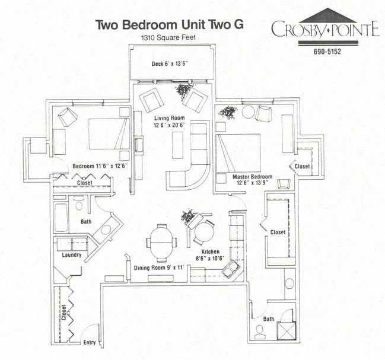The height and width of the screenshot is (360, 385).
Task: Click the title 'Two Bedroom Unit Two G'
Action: coord(170,25)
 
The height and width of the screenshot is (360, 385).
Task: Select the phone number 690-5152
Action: coord(327,51)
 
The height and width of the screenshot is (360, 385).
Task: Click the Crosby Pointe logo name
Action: coord(324,29)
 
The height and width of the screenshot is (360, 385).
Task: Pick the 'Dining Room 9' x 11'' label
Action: coord(160,268)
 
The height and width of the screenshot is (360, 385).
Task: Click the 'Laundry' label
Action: coord(72,255)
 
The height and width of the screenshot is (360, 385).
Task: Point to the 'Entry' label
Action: coord(90,342)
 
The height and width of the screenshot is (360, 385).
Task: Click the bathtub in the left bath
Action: coord(62,218)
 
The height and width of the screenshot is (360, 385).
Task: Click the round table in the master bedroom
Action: coord(247,112)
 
